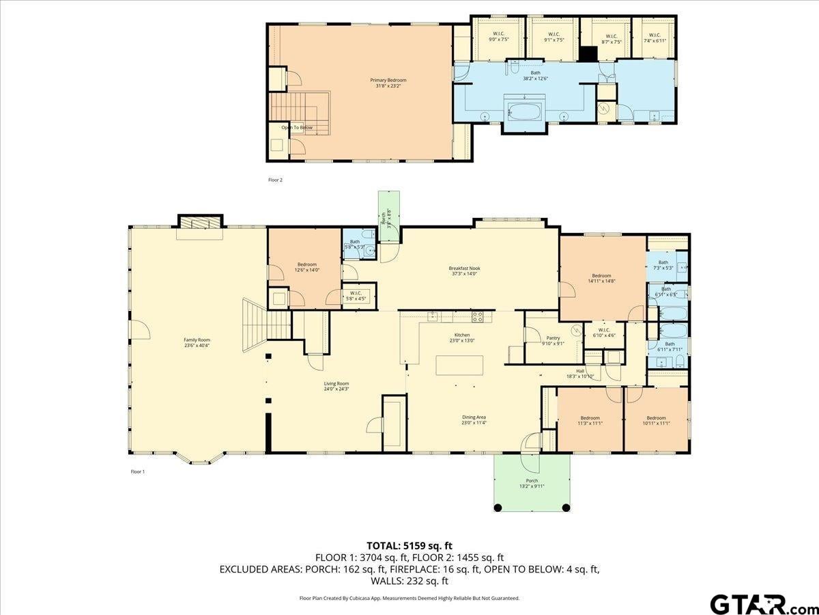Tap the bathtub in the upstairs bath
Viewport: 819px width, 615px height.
[524, 111]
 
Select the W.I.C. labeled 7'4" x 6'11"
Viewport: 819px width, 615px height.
[655, 38]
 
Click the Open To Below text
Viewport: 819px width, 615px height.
[297, 127]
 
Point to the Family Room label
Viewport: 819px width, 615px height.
[197, 342]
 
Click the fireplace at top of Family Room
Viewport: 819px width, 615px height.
[200, 224]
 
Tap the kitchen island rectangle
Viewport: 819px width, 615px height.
[459, 365]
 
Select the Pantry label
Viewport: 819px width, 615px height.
[553, 340]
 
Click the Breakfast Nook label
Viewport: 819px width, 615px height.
[464, 271]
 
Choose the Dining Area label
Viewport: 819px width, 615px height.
[473, 420]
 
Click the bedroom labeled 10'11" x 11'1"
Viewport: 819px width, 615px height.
[656, 420]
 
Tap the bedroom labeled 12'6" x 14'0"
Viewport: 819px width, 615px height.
[307, 267]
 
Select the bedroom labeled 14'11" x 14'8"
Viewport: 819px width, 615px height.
[601, 278]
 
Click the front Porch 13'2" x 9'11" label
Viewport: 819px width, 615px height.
[532, 483]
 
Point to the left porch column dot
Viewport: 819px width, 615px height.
[498, 507]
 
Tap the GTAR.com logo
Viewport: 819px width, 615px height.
[758, 603]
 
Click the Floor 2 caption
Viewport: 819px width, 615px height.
[275, 180]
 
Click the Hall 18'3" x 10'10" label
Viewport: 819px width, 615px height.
[580, 373]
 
